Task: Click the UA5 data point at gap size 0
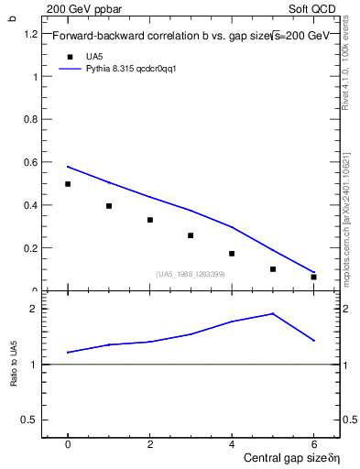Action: (x=68, y=184)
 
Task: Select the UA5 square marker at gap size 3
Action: (x=191, y=235)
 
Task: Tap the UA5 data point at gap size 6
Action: (x=313, y=277)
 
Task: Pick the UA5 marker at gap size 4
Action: (x=232, y=254)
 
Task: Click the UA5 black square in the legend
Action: (x=69, y=56)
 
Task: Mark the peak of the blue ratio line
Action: (x=272, y=313)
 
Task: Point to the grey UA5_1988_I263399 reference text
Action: (x=191, y=274)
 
